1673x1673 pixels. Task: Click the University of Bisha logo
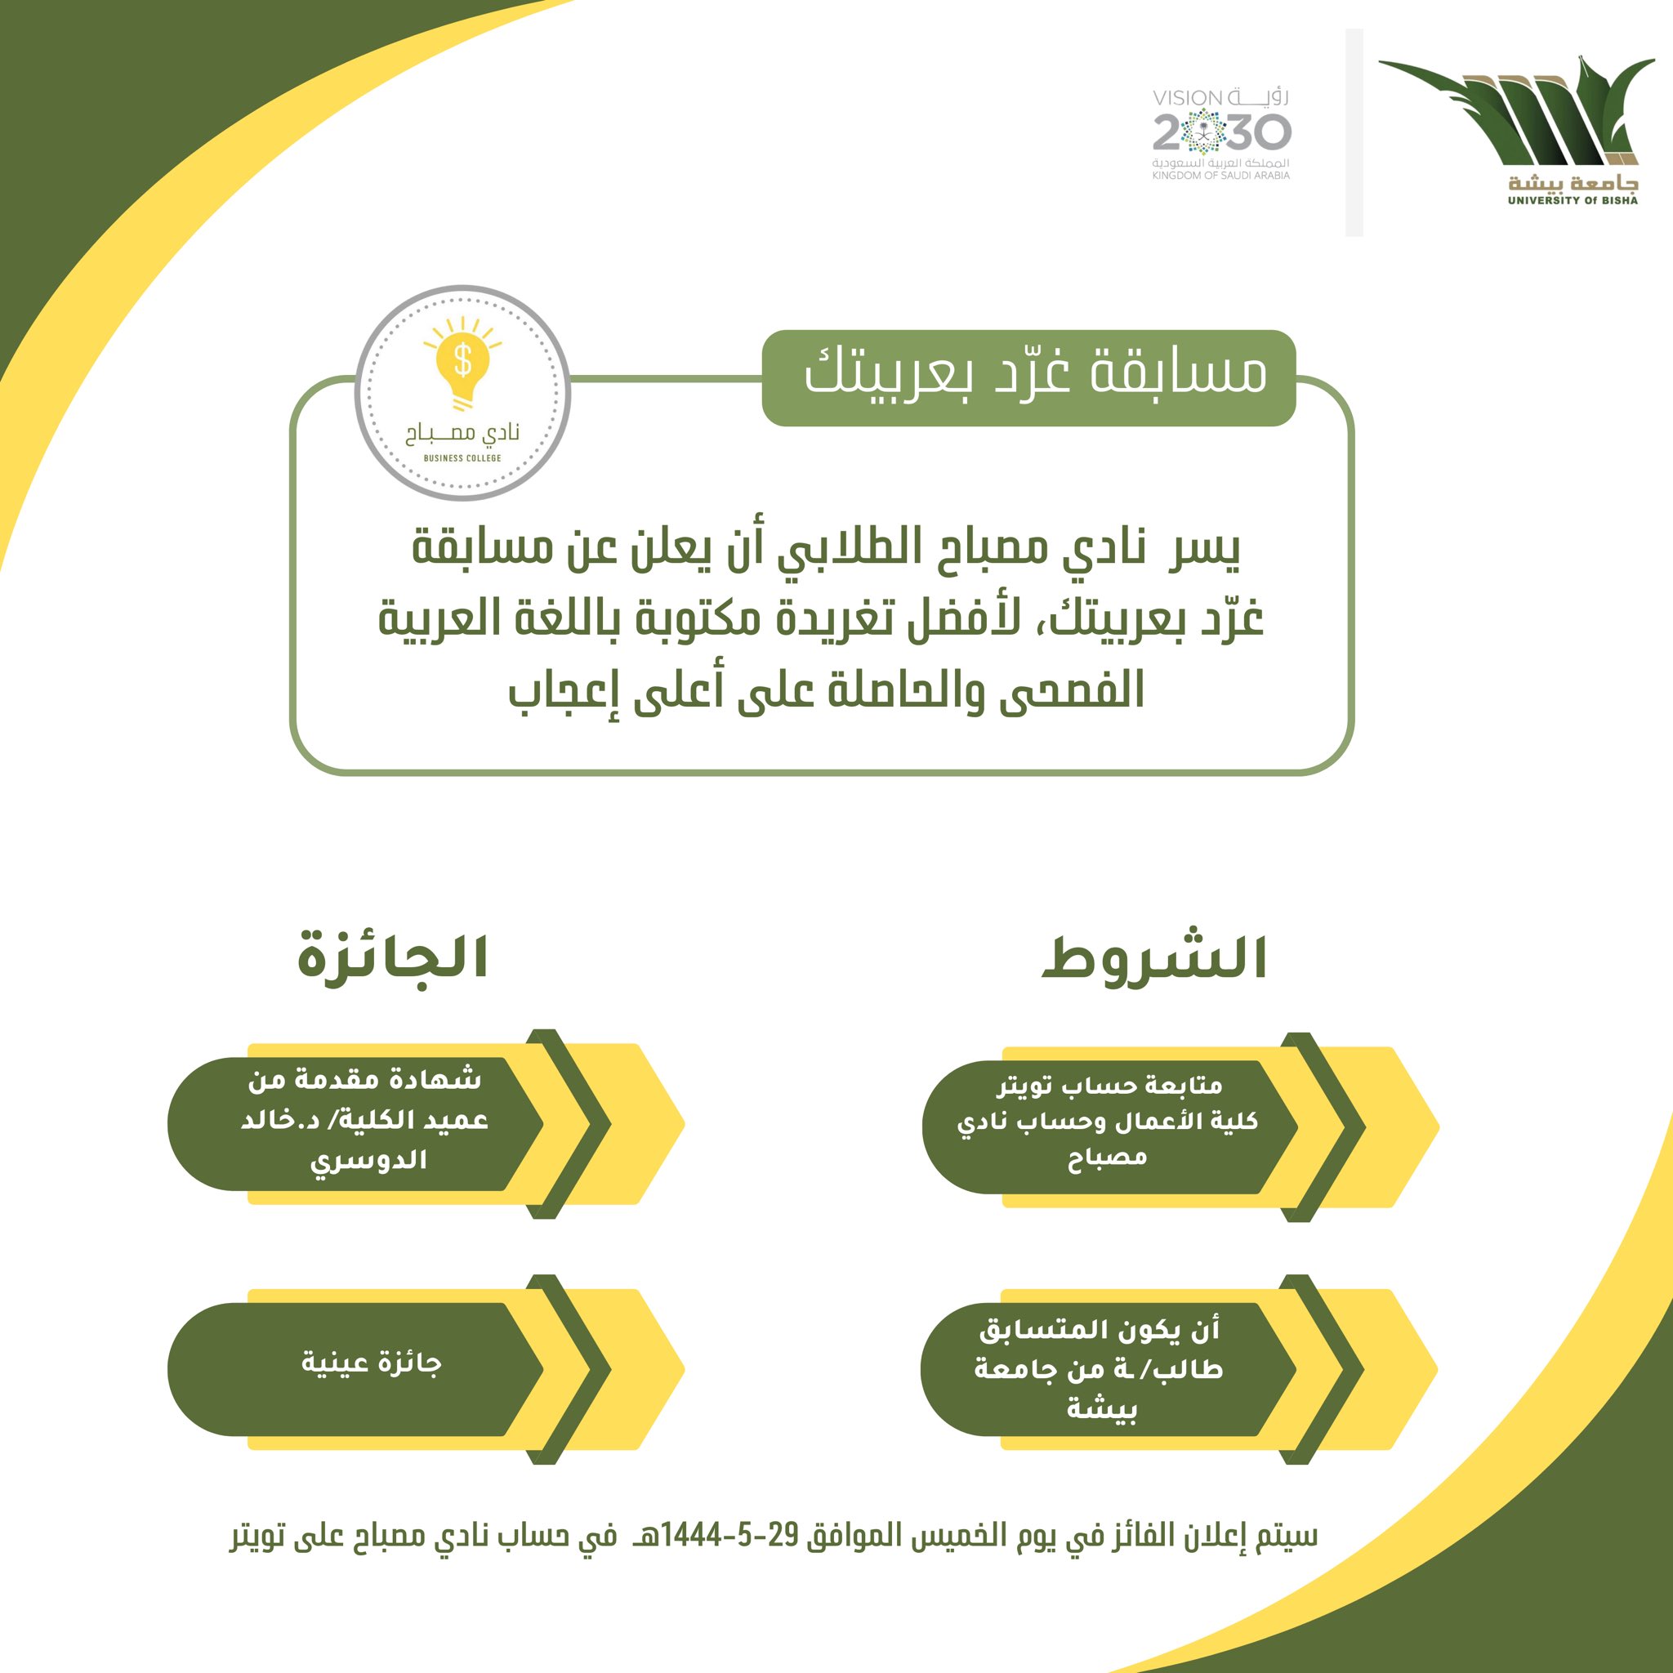pyautogui.click(x=1517, y=130)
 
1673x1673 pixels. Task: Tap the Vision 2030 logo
pyautogui.click(x=1221, y=133)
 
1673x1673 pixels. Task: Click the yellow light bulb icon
pyautogui.click(x=462, y=363)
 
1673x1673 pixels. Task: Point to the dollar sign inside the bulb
pyautogui.click(x=463, y=359)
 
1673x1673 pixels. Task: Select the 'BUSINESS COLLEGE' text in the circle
pyautogui.click(x=462, y=458)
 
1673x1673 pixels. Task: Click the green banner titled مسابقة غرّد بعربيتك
pyautogui.click(x=1028, y=377)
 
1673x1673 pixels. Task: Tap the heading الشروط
pyautogui.click(x=1154, y=958)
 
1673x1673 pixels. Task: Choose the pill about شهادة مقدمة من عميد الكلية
pyautogui.click(x=355, y=1123)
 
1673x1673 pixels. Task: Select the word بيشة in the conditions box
pyautogui.click(x=1101, y=1409)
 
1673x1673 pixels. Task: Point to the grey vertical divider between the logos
pyautogui.click(x=1354, y=132)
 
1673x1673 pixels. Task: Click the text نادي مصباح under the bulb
pyautogui.click(x=462, y=433)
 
